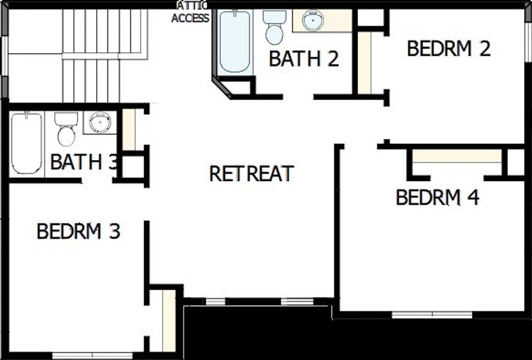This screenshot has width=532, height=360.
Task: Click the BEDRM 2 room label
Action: click(449, 49)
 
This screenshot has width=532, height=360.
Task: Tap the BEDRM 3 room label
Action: click(79, 231)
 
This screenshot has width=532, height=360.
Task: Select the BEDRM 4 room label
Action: click(437, 197)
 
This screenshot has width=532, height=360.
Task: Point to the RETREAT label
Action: click(251, 174)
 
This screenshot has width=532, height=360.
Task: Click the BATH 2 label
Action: click(304, 59)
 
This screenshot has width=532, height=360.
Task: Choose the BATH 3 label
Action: click(83, 162)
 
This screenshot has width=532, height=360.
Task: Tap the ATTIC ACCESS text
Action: click(191, 13)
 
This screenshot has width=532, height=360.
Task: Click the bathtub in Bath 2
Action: click(234, 41)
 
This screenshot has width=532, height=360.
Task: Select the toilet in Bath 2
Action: click(274, 27)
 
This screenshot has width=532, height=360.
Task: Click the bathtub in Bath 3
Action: click(26, 143)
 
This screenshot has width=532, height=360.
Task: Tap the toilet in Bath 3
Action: click(66, 129)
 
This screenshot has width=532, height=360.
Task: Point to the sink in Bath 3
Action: click(100, 123)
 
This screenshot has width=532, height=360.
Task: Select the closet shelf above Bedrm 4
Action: click(457, 156)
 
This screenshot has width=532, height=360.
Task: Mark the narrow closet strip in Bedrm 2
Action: click(365, 62)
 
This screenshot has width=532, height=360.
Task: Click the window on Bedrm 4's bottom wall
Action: click(432, 314)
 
